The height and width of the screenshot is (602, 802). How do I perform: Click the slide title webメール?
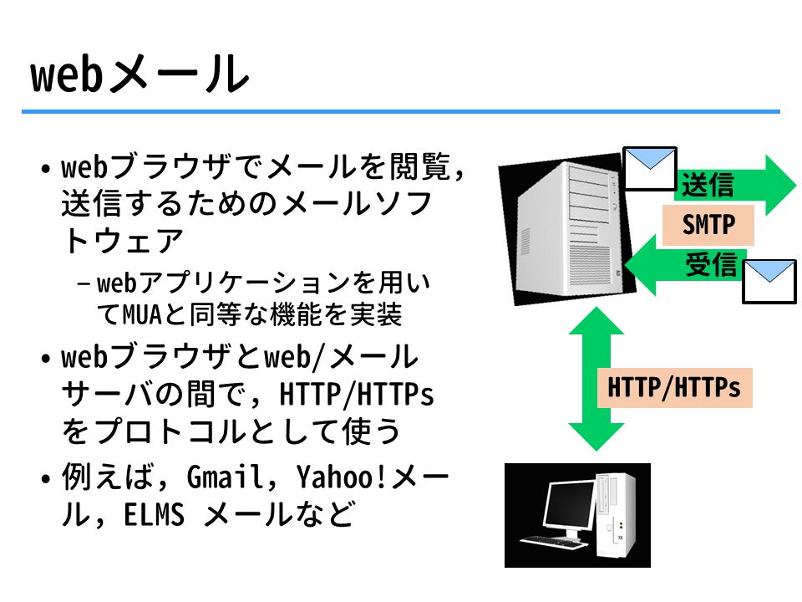pos(140,74)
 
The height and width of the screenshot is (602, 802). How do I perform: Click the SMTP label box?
pos(708,225)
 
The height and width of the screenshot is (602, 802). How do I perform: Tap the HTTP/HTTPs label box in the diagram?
pos(674,387)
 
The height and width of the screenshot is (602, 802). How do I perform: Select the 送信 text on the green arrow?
pos(708,185)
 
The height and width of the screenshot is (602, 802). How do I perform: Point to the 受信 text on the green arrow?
pos(712,265)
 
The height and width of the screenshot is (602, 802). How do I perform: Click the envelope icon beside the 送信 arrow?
pos(650,168)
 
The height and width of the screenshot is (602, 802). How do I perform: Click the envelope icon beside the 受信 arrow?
pos(769,282)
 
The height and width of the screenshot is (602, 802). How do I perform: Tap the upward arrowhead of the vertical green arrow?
pos(596,320)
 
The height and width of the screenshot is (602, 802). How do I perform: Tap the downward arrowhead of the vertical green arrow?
pos(596,436)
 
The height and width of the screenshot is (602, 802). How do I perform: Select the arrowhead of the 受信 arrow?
pos(641,265)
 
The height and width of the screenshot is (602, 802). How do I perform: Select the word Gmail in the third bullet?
pos(224,477)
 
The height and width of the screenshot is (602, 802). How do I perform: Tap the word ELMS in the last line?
pos(154,514)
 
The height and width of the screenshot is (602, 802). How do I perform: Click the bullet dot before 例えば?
pos(45,479)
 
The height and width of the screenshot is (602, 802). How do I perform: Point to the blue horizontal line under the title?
pos(401,111)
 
